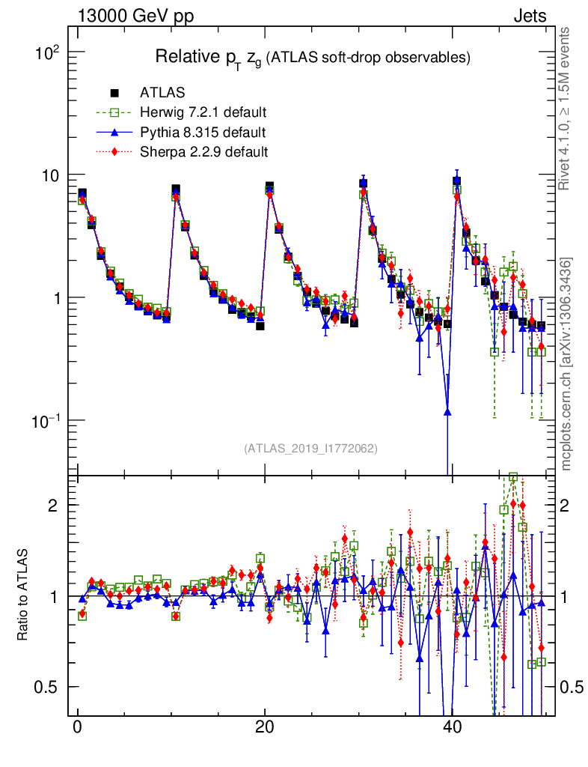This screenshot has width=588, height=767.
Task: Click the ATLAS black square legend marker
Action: [x=114, y=94]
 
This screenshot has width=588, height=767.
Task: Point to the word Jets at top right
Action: [x=529, y=16]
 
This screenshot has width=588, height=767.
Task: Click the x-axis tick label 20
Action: [x=263, y=728]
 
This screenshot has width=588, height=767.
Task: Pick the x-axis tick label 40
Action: [x=450, y=728]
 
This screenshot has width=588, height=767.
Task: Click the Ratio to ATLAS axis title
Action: [x=23, y=595]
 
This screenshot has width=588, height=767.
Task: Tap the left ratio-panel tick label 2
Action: [x=53, y=506]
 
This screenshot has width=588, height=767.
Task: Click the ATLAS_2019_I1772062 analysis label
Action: [x=310, y=449]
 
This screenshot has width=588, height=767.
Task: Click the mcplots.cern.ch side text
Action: [x=566, y=363]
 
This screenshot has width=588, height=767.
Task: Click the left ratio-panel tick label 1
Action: [x=53, y=596]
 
